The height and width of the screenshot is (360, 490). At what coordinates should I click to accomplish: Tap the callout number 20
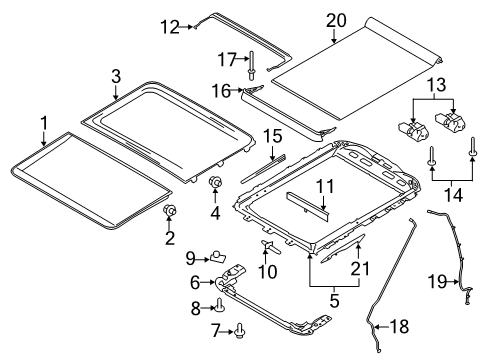[335, 19]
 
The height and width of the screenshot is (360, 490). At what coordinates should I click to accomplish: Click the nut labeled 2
[171, 211]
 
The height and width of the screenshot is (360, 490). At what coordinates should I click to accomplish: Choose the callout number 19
[437, 283]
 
